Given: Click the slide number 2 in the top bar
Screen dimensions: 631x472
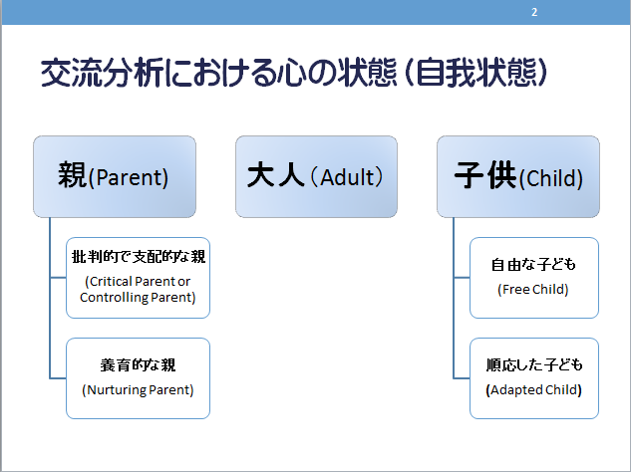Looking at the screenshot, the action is (x=534, y=12).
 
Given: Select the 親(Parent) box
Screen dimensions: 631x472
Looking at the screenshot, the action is (x=115, y=176).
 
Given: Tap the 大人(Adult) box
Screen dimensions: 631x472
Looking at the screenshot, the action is (x=316, y=176).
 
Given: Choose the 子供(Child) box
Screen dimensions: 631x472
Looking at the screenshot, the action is (x=518, y=176).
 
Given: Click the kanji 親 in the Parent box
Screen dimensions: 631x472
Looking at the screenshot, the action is (x=73, y=175).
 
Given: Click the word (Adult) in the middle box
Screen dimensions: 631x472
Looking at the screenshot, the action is (x=347, y=177).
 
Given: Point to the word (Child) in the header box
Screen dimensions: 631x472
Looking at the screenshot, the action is (x=551, y=178).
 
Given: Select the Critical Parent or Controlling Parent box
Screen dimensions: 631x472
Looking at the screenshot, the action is (x=138, y=278).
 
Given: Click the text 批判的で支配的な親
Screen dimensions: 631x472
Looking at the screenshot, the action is (x=139, y=257).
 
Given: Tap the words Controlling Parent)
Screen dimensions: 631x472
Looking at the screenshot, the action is (x=138, y=298).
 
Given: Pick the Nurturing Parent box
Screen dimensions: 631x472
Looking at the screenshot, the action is (x=138, y=378).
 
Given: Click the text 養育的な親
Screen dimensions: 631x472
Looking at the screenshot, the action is (x=138, y=365).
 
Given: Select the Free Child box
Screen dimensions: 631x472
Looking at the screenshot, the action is (x=534, y=278).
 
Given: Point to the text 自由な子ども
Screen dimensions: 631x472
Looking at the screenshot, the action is (x=533, y=265).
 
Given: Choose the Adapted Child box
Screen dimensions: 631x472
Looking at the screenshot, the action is (x=534, y=378).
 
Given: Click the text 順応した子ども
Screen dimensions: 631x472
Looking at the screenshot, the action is (x=534, y=365).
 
